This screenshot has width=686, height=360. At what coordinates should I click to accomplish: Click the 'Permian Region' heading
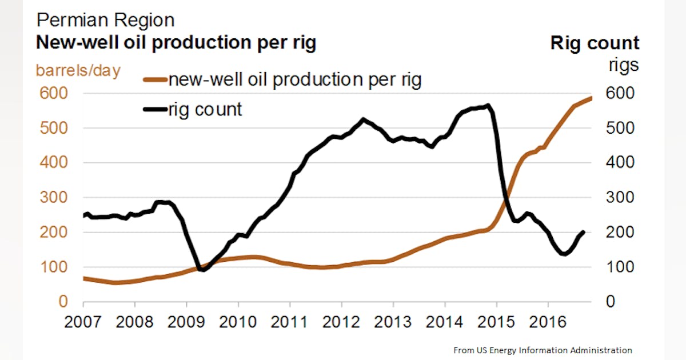(105, 21)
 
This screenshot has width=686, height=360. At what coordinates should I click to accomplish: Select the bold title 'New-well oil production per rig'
(176, 43)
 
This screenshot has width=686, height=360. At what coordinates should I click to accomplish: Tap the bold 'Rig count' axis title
(595, 43)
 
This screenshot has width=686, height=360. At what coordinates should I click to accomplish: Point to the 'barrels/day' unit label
(78, 70)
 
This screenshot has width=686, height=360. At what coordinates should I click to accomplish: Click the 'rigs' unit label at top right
(623, 66)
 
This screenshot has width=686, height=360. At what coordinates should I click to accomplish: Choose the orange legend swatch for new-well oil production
(154, 80)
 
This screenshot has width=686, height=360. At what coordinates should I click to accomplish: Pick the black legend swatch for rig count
(154, 109)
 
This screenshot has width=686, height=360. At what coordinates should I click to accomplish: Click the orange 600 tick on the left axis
(54, 93)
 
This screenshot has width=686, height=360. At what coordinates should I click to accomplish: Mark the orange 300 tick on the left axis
(54, 198)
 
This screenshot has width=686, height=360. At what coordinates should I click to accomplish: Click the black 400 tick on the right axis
(620, 163)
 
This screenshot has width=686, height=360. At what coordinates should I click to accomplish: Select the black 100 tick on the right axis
(620, 267)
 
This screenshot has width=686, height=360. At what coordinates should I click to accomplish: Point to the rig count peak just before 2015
(487, 106)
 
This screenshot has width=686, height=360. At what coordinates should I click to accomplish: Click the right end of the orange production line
(592, 98)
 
